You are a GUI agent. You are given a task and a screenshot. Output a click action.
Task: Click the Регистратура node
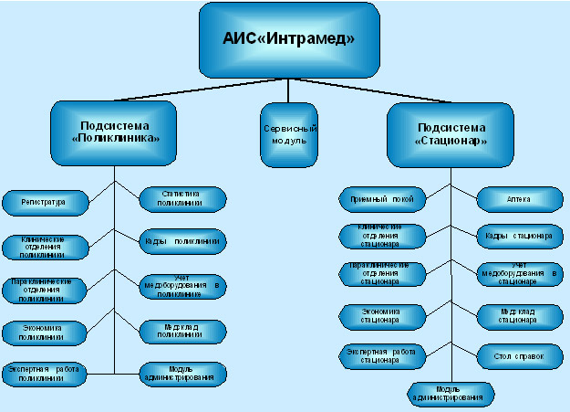pyautogui.click(x=44, y=200)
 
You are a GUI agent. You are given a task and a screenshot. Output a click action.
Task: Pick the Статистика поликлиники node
pyautogui.click(x=181, y=198)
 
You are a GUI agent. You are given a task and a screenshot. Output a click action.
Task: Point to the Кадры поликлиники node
pyautogui.click(x=181, y=242)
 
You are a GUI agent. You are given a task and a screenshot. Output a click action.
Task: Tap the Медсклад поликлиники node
pyautogui.click(x=181, y=330)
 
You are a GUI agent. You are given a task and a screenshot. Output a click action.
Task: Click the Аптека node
pyautogui.click(x=517, y=198)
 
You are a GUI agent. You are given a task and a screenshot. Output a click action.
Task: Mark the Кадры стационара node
pyautogui.click(x=517, y=236)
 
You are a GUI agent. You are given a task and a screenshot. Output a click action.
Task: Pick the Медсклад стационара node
pyautogui.click(x=517, y=316)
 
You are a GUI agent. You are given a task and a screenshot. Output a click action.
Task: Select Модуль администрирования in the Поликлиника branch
pyautogui.click(x=181, y=372)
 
